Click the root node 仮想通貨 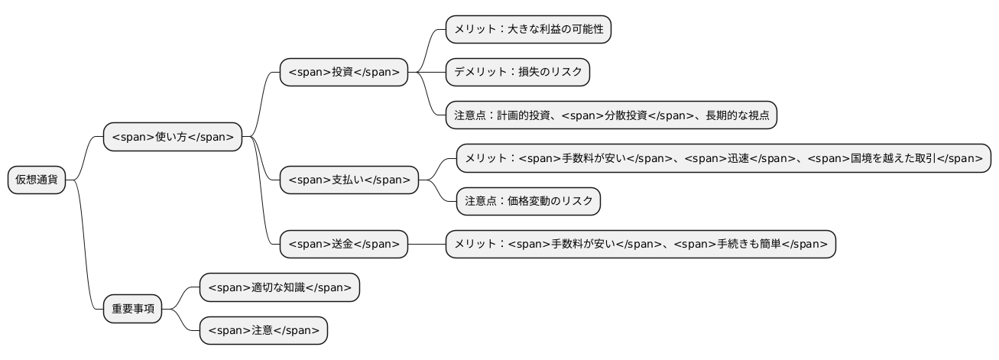point(37,180)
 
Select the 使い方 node point(172,138)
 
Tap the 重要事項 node point(132,309)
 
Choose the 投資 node point(343,73)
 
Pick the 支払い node point(349,180)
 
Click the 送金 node point(343,244)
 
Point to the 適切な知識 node point(278,287)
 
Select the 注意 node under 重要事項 point(262,330)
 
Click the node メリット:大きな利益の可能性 point(528,30)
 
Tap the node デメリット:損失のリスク point(517,73)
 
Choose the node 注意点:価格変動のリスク point(528,202)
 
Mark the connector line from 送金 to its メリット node point(426,244)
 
